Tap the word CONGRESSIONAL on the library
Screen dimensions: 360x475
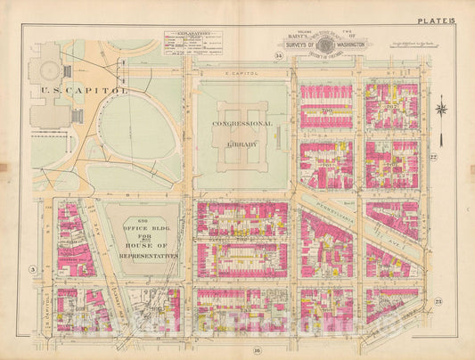click(x=240, y=126)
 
